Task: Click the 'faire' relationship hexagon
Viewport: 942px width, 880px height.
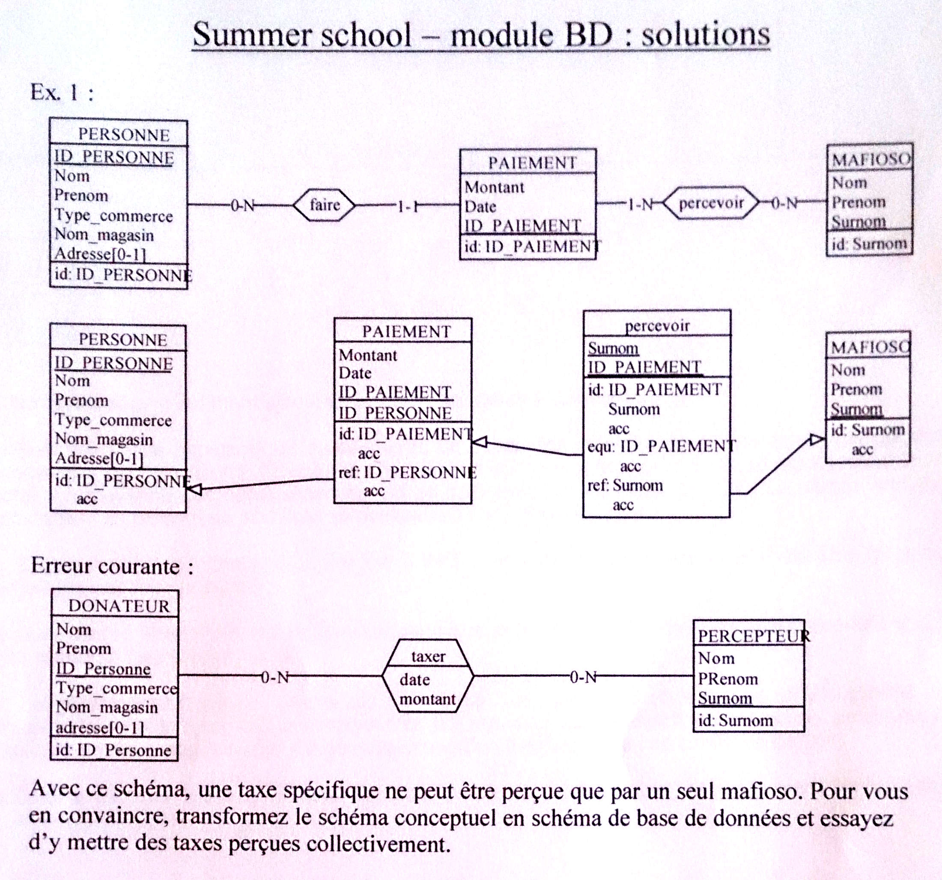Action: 324,205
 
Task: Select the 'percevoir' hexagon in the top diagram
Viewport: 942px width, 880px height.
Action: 711,203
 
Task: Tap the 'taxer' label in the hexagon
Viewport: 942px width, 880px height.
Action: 428,657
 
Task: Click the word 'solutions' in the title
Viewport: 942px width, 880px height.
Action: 706,34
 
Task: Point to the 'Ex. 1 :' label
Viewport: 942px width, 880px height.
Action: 62,92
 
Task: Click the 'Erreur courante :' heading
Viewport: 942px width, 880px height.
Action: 112,566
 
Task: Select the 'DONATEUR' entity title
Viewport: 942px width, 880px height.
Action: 119,606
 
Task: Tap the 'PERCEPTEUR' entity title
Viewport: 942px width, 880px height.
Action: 754,636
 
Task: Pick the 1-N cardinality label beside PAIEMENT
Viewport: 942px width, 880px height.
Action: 641,204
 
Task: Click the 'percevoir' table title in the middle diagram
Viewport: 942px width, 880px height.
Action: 657,325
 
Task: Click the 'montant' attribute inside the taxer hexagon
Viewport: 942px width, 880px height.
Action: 427,699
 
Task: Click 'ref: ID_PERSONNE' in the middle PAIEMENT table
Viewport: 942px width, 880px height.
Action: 408,472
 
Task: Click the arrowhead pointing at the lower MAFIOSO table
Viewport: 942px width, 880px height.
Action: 817,440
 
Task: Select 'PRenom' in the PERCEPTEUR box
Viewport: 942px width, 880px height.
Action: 728,679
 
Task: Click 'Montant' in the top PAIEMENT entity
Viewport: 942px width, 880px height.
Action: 494,187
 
